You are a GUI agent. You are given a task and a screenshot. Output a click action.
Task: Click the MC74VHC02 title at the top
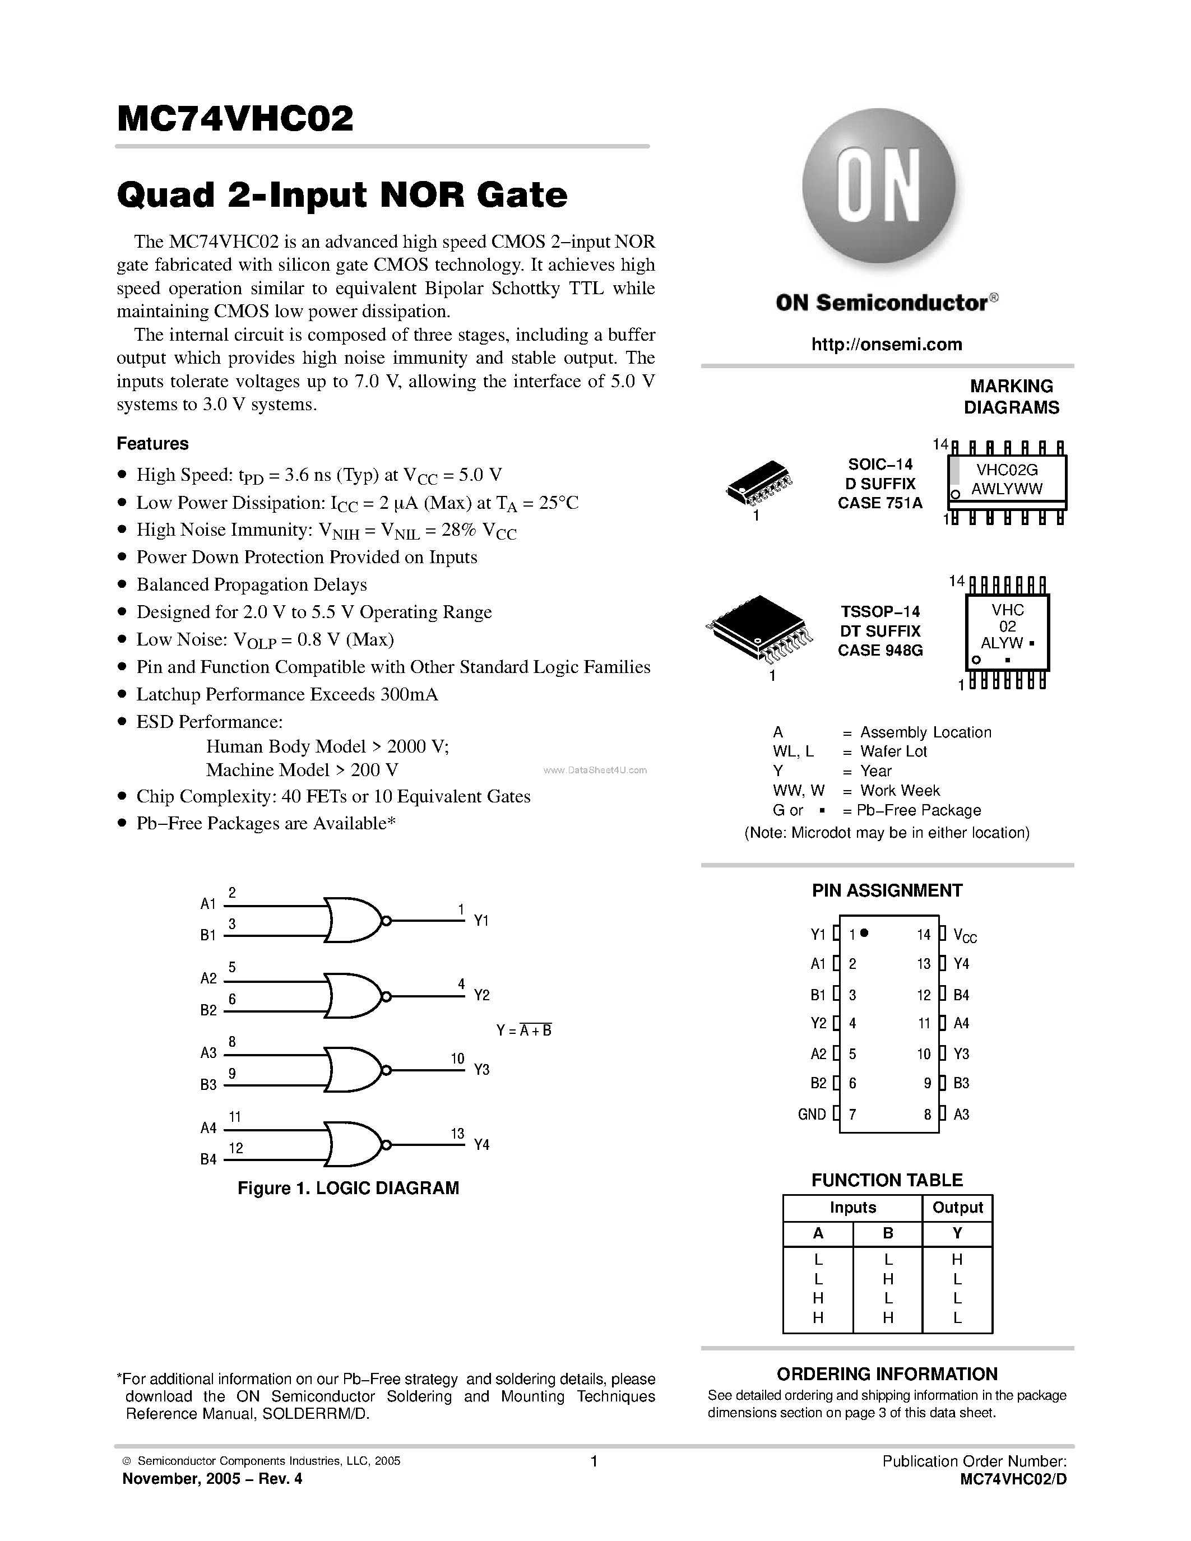(235, 119)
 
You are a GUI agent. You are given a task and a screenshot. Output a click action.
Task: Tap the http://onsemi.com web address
(886, 344)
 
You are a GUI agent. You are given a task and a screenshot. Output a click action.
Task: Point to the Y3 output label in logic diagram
(481, 1070)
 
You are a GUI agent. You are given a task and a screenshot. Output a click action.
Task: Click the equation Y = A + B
(523, 1030)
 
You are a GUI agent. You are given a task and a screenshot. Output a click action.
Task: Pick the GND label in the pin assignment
(812, 1114)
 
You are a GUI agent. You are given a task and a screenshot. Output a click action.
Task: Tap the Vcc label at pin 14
(965, 936)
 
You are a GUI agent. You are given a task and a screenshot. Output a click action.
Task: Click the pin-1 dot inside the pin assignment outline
(864, 933)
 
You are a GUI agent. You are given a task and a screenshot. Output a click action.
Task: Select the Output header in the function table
(957, 1207)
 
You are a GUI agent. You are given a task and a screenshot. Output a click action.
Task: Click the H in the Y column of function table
(957, 1259)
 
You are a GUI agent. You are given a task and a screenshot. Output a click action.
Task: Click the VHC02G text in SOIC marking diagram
(1007, 470)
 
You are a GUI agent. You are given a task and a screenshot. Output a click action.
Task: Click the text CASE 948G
(880, 651)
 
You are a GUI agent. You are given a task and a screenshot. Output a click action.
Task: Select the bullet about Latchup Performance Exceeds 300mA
(286, 694)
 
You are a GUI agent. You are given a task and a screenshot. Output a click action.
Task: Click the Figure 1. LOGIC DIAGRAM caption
(348, 1188)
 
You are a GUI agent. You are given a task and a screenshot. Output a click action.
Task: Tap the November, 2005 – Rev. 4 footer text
(212, 1479)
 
